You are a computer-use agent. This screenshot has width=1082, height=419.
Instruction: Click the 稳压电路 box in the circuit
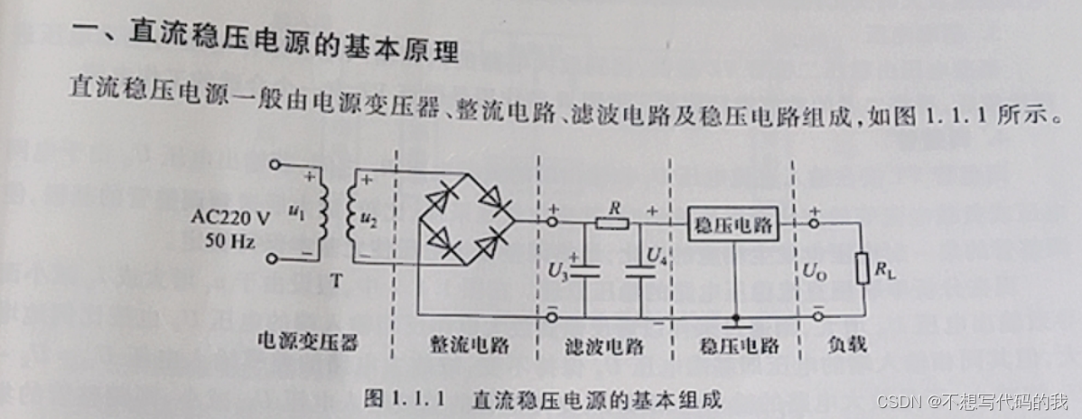click(733, 227)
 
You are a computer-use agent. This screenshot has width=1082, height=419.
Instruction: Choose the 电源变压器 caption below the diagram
click(307, 344)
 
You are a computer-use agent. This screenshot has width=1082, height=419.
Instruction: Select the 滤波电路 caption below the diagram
click(602, 345)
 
